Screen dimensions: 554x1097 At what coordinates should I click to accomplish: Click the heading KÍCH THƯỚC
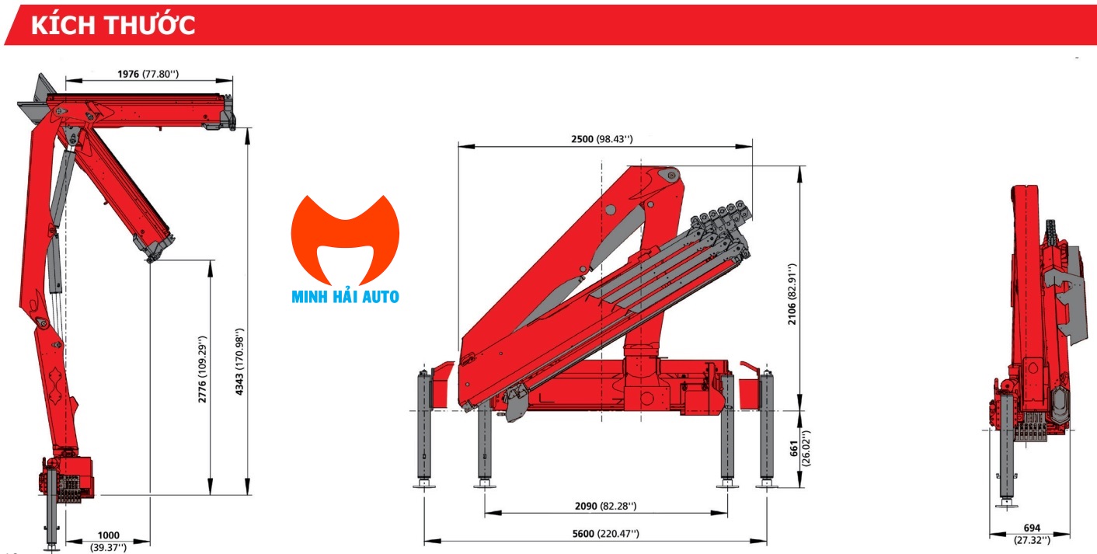(x=113, y=25)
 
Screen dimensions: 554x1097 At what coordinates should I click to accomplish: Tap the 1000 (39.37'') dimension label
(x=108, y=540)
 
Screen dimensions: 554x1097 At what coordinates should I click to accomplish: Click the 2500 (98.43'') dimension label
(x=602, y=139)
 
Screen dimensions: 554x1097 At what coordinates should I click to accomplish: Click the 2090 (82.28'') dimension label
(x=605, y=507)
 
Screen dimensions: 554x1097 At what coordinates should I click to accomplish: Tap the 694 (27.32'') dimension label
(x=1032, y=534)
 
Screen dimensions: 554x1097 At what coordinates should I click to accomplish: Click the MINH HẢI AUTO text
(x=345, y=297)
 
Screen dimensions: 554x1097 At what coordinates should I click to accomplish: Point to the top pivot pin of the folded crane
(x=667, y=176)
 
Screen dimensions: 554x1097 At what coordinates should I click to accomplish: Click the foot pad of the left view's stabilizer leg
(x=52, y=547)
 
